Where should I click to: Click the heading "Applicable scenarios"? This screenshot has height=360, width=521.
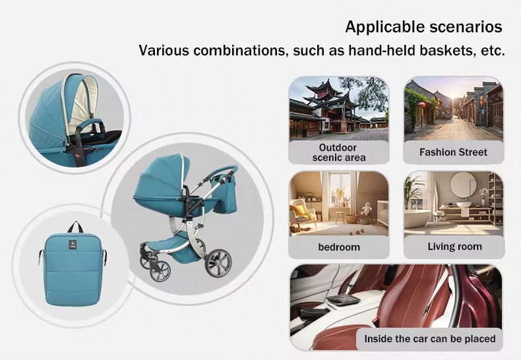pos(424,27)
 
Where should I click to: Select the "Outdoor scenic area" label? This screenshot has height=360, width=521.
pos(338,152)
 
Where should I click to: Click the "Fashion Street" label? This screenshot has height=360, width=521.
pos(453,152)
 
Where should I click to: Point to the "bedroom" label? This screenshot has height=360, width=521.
pos(338,247)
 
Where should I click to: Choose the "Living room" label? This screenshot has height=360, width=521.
pos(454,247)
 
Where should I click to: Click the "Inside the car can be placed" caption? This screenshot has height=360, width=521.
pos(429,339)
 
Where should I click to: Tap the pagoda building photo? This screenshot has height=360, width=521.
pos(338,108)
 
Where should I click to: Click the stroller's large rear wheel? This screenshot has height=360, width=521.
pos(217,262)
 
